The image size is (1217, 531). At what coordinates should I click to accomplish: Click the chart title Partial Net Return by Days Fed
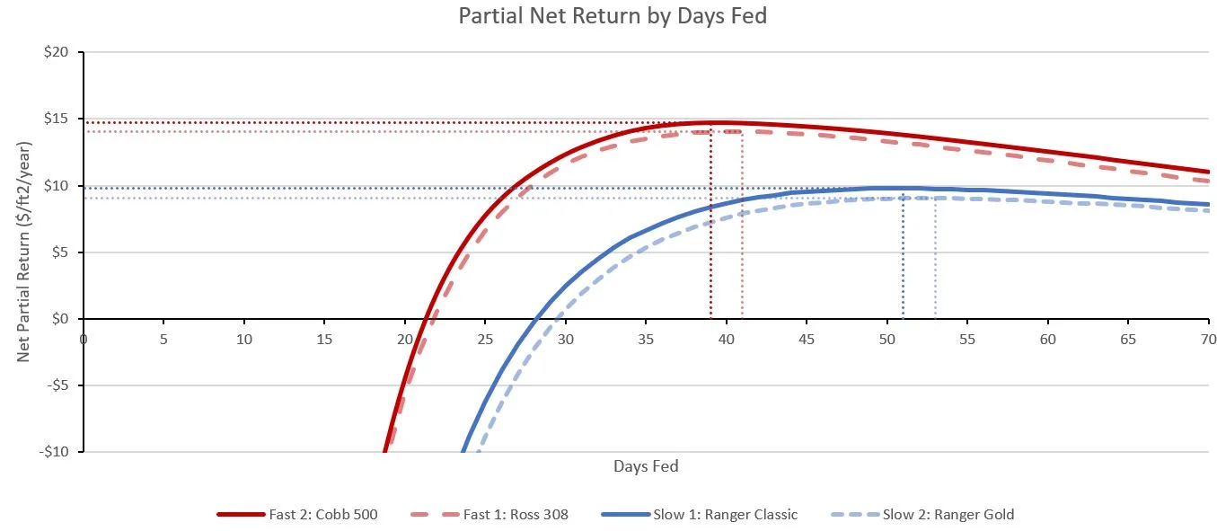613,16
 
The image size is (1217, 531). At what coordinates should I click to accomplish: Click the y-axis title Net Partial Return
24,252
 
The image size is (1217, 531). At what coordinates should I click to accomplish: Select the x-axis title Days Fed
646,465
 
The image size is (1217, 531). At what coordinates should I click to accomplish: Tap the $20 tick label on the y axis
57,53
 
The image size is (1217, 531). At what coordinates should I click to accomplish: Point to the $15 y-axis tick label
57,119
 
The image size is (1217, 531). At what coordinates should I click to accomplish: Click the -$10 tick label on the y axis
56,452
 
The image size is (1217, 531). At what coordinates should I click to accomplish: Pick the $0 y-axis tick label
61,319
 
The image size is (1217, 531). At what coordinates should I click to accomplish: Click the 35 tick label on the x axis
646,340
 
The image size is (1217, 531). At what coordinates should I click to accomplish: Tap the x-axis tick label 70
1207,340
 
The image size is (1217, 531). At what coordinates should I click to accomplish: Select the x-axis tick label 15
324,340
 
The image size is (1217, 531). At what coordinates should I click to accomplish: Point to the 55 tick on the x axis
966,340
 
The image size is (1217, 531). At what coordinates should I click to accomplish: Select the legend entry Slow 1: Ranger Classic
732,515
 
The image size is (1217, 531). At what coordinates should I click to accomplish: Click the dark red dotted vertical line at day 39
710,225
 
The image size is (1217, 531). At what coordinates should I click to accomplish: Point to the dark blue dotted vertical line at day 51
903,256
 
